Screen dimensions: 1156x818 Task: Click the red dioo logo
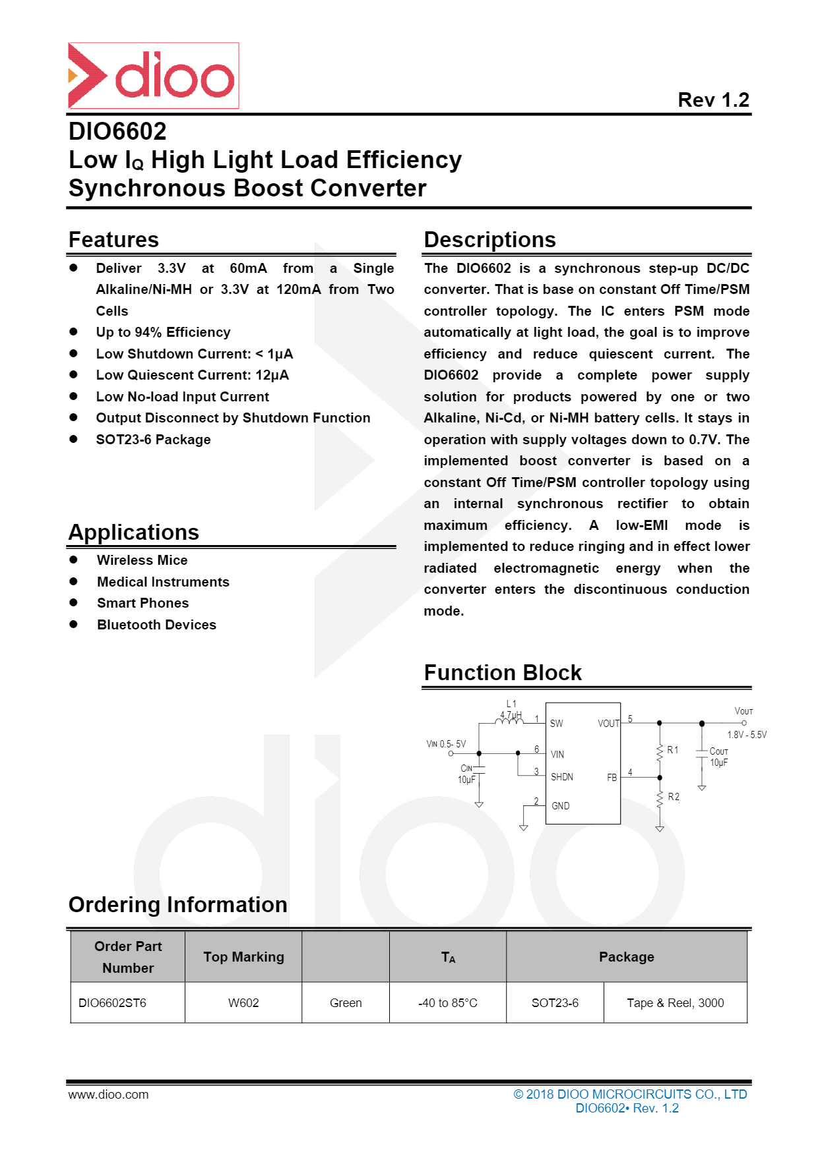pyautogui.click(x=153, y=76)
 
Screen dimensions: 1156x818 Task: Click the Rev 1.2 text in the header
pyautogui.click(x=713, y=100)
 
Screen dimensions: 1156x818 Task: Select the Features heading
pyautogui.click(x=113, y=240)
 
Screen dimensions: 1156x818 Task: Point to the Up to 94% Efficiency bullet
pyautogui.click(x=163, y=332)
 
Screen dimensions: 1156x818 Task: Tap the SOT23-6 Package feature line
pyautogui.click(x=153, y=440)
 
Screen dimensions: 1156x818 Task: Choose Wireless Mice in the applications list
pyautogui.click(x=142, y=560)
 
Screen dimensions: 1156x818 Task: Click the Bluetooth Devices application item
pyautogui.click(x=156, y=625)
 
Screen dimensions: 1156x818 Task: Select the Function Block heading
pyautogui.click(x=503, y=673)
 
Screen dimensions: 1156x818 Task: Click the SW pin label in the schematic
pyautogui.click(x=556, y=724)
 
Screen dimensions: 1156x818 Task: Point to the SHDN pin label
pyautogui.click(x=561, y=777)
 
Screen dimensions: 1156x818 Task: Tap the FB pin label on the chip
pyautogui.click(x=612, y=778)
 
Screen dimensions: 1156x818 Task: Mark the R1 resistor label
pyautogui.click(x=672, y=750)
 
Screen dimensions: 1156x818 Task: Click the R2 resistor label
pyautogui.click(x=673, y=797)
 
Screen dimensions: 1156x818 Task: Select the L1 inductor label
pyautogui.click(x=511, y=704)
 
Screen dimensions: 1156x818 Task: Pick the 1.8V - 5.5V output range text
pyautogui.click(x=747, y=735)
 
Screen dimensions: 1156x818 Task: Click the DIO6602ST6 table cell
pyautogui.click(x=112, y=1003)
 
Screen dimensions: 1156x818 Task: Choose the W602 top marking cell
pyautogui.click(x=243, y=1003)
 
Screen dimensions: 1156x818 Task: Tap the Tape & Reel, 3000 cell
pyautogui.click(x=675, y=1003)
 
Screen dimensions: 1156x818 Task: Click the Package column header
pyautogui.click(x=626, y=957)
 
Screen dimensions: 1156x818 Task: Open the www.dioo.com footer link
pyautogui.click(x=108, y=1095)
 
